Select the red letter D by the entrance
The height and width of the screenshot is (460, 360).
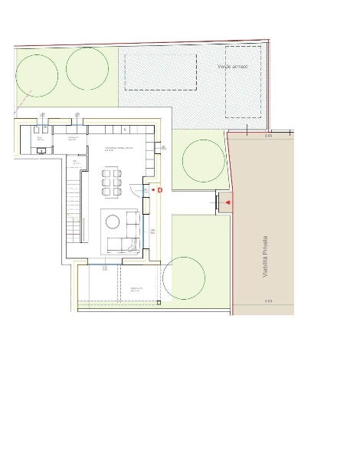(159, 189)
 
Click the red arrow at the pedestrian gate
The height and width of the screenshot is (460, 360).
(230, 202)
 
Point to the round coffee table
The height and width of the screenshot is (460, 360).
(113, 222)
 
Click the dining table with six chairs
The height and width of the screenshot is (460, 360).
(112, 182)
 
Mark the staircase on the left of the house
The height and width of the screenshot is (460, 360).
(74, 207)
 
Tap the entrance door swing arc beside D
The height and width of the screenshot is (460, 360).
(151, 189)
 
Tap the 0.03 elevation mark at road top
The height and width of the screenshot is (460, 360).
(269, 136)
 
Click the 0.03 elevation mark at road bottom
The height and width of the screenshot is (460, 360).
(269, 301)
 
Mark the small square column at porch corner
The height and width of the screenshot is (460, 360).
(159, 302)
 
